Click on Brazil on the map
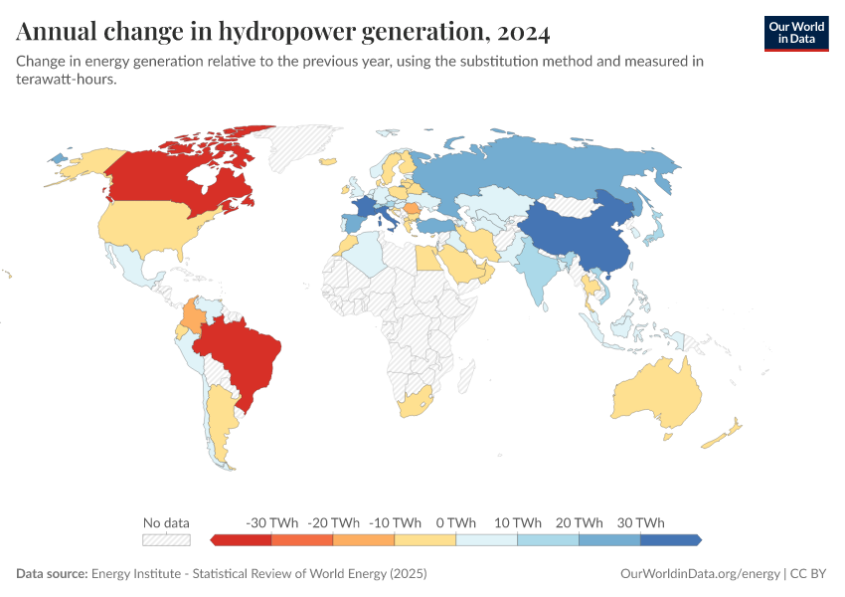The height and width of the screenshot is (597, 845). click(x=244, y=353)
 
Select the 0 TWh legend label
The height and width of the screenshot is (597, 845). click(x=455, y=522)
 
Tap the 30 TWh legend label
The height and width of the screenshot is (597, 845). click(x=640, y=522)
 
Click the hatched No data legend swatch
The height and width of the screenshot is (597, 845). click(x=166, y=539)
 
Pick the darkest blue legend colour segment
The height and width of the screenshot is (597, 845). click(x=671, y=539)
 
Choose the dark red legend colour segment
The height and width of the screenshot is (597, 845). click(x=241, y=539)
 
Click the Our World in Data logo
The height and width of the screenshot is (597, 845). click(x=795, y=33)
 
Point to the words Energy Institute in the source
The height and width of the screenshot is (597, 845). click(x=136, y=574)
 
